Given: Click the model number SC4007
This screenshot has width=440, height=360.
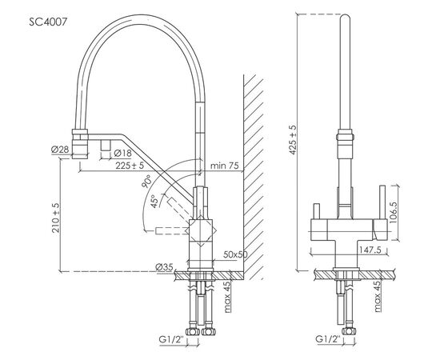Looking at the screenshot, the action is tap(48, 22).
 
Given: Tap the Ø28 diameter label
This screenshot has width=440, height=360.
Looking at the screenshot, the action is tap(60, 150).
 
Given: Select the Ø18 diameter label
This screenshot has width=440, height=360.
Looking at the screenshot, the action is tap(123, 154).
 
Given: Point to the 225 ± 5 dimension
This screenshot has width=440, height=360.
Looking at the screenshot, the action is tap(130, 166).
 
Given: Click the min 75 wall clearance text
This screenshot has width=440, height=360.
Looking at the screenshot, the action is tap(225, 166).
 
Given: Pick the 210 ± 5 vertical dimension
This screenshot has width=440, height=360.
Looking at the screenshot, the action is tap(56, 218).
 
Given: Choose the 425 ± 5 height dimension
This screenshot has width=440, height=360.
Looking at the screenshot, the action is tap(293, 140).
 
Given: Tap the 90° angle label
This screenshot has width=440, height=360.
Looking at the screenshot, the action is tap(146, 182).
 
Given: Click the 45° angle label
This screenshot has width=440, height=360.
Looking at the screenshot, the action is tap(154, 201).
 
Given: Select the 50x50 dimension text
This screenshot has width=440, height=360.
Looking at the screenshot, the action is tap(235, 254).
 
